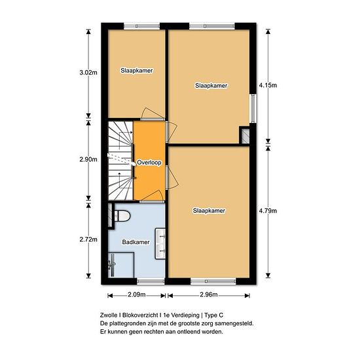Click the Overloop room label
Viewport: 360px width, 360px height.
coord(149,162)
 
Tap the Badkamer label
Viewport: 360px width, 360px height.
coord(135,242)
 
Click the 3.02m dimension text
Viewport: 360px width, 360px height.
coord(88,73)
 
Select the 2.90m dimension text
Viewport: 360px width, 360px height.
coord(88,159)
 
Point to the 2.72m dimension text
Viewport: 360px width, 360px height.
coord(88,240)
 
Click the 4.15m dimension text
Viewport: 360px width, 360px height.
coord(268,85)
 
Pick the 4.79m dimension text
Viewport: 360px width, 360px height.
coord(268,211)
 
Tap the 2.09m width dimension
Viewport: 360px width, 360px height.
coord(137,295)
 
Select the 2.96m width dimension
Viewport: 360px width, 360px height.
coord(209,295)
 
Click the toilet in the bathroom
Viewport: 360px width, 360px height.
coord(122,216)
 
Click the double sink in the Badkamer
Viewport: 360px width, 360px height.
coord(160,243)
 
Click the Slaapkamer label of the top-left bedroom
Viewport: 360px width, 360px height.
coord(137,71)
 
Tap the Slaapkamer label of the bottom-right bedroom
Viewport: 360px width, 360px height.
coord(209,211)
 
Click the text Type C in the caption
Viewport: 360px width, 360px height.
coord(214,315)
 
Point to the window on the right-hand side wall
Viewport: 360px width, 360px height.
coord(253,109)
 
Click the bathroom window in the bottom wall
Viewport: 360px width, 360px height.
coord(151,281)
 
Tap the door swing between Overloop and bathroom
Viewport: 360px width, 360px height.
coord(153,196)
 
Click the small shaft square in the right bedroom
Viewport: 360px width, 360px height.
coord(245,136)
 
